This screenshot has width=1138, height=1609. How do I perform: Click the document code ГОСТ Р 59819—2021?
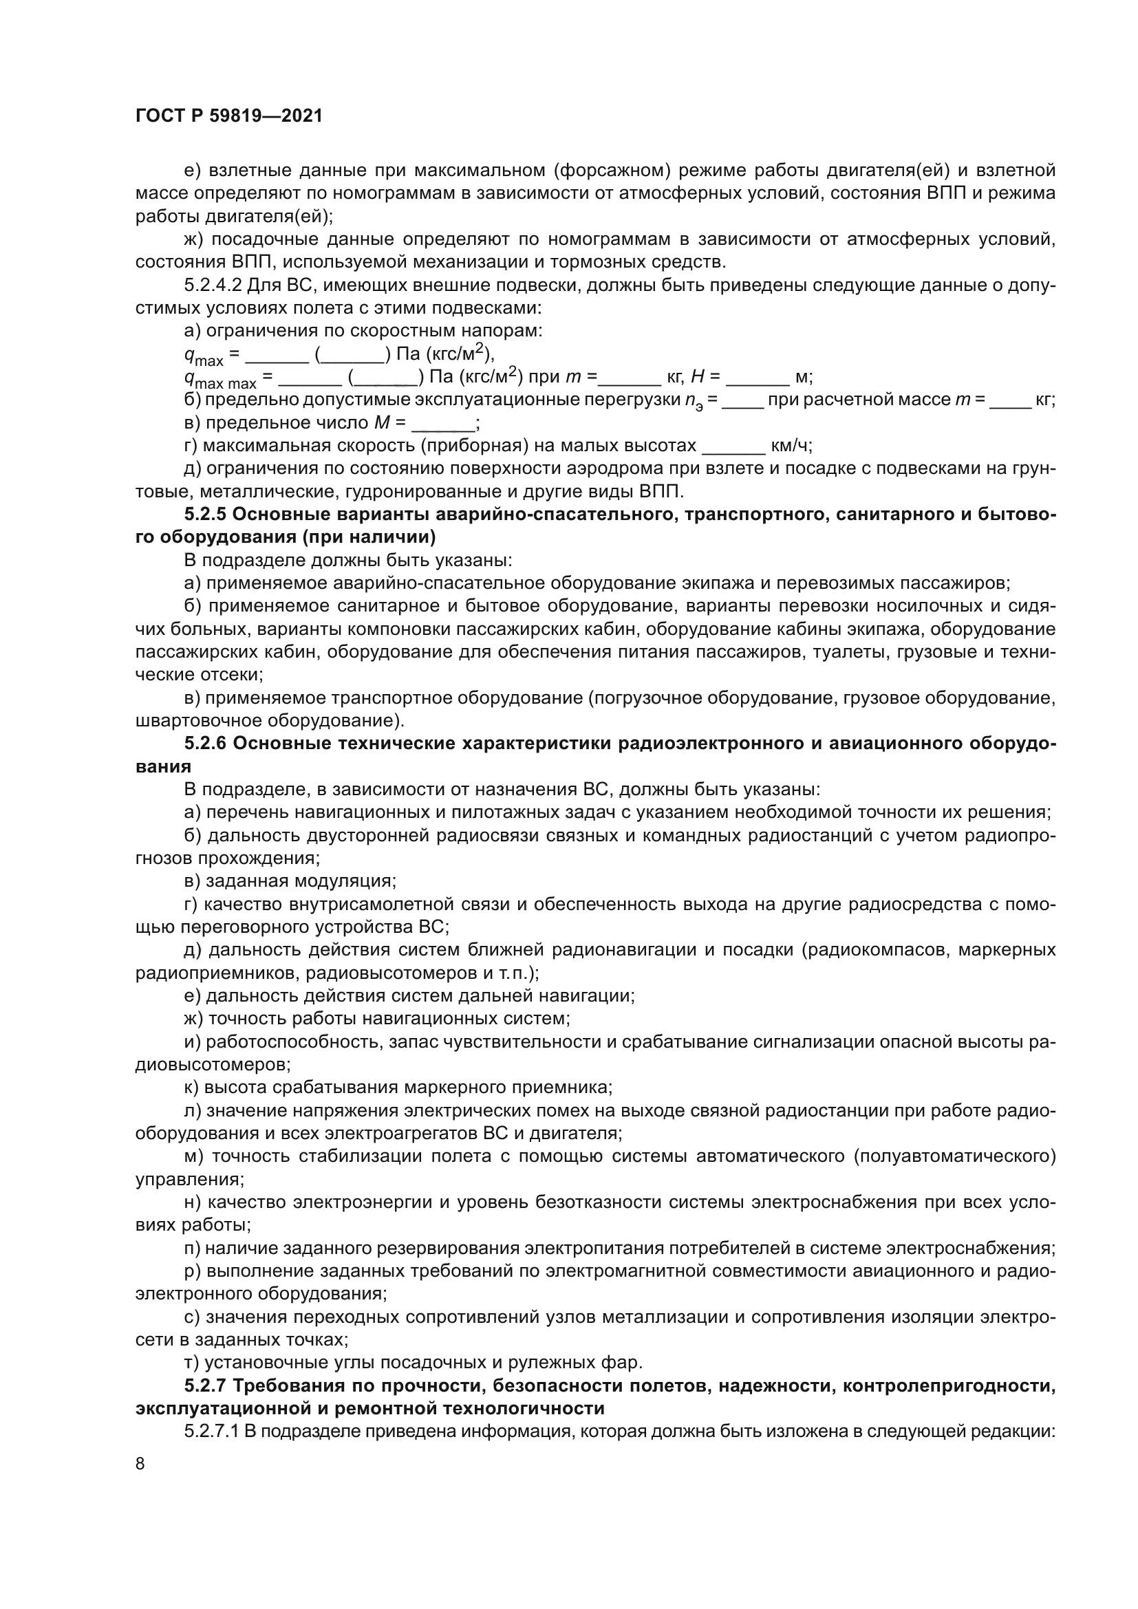pyautogui.click(x=229, y=116)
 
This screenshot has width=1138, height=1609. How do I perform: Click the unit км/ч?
pyautogui.click(x=791, y=446)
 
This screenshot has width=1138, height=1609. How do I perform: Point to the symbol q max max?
pyautogui.click(x=220, y=379)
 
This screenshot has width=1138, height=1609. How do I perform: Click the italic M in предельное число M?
pyautogui.click(x=382, y=423)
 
